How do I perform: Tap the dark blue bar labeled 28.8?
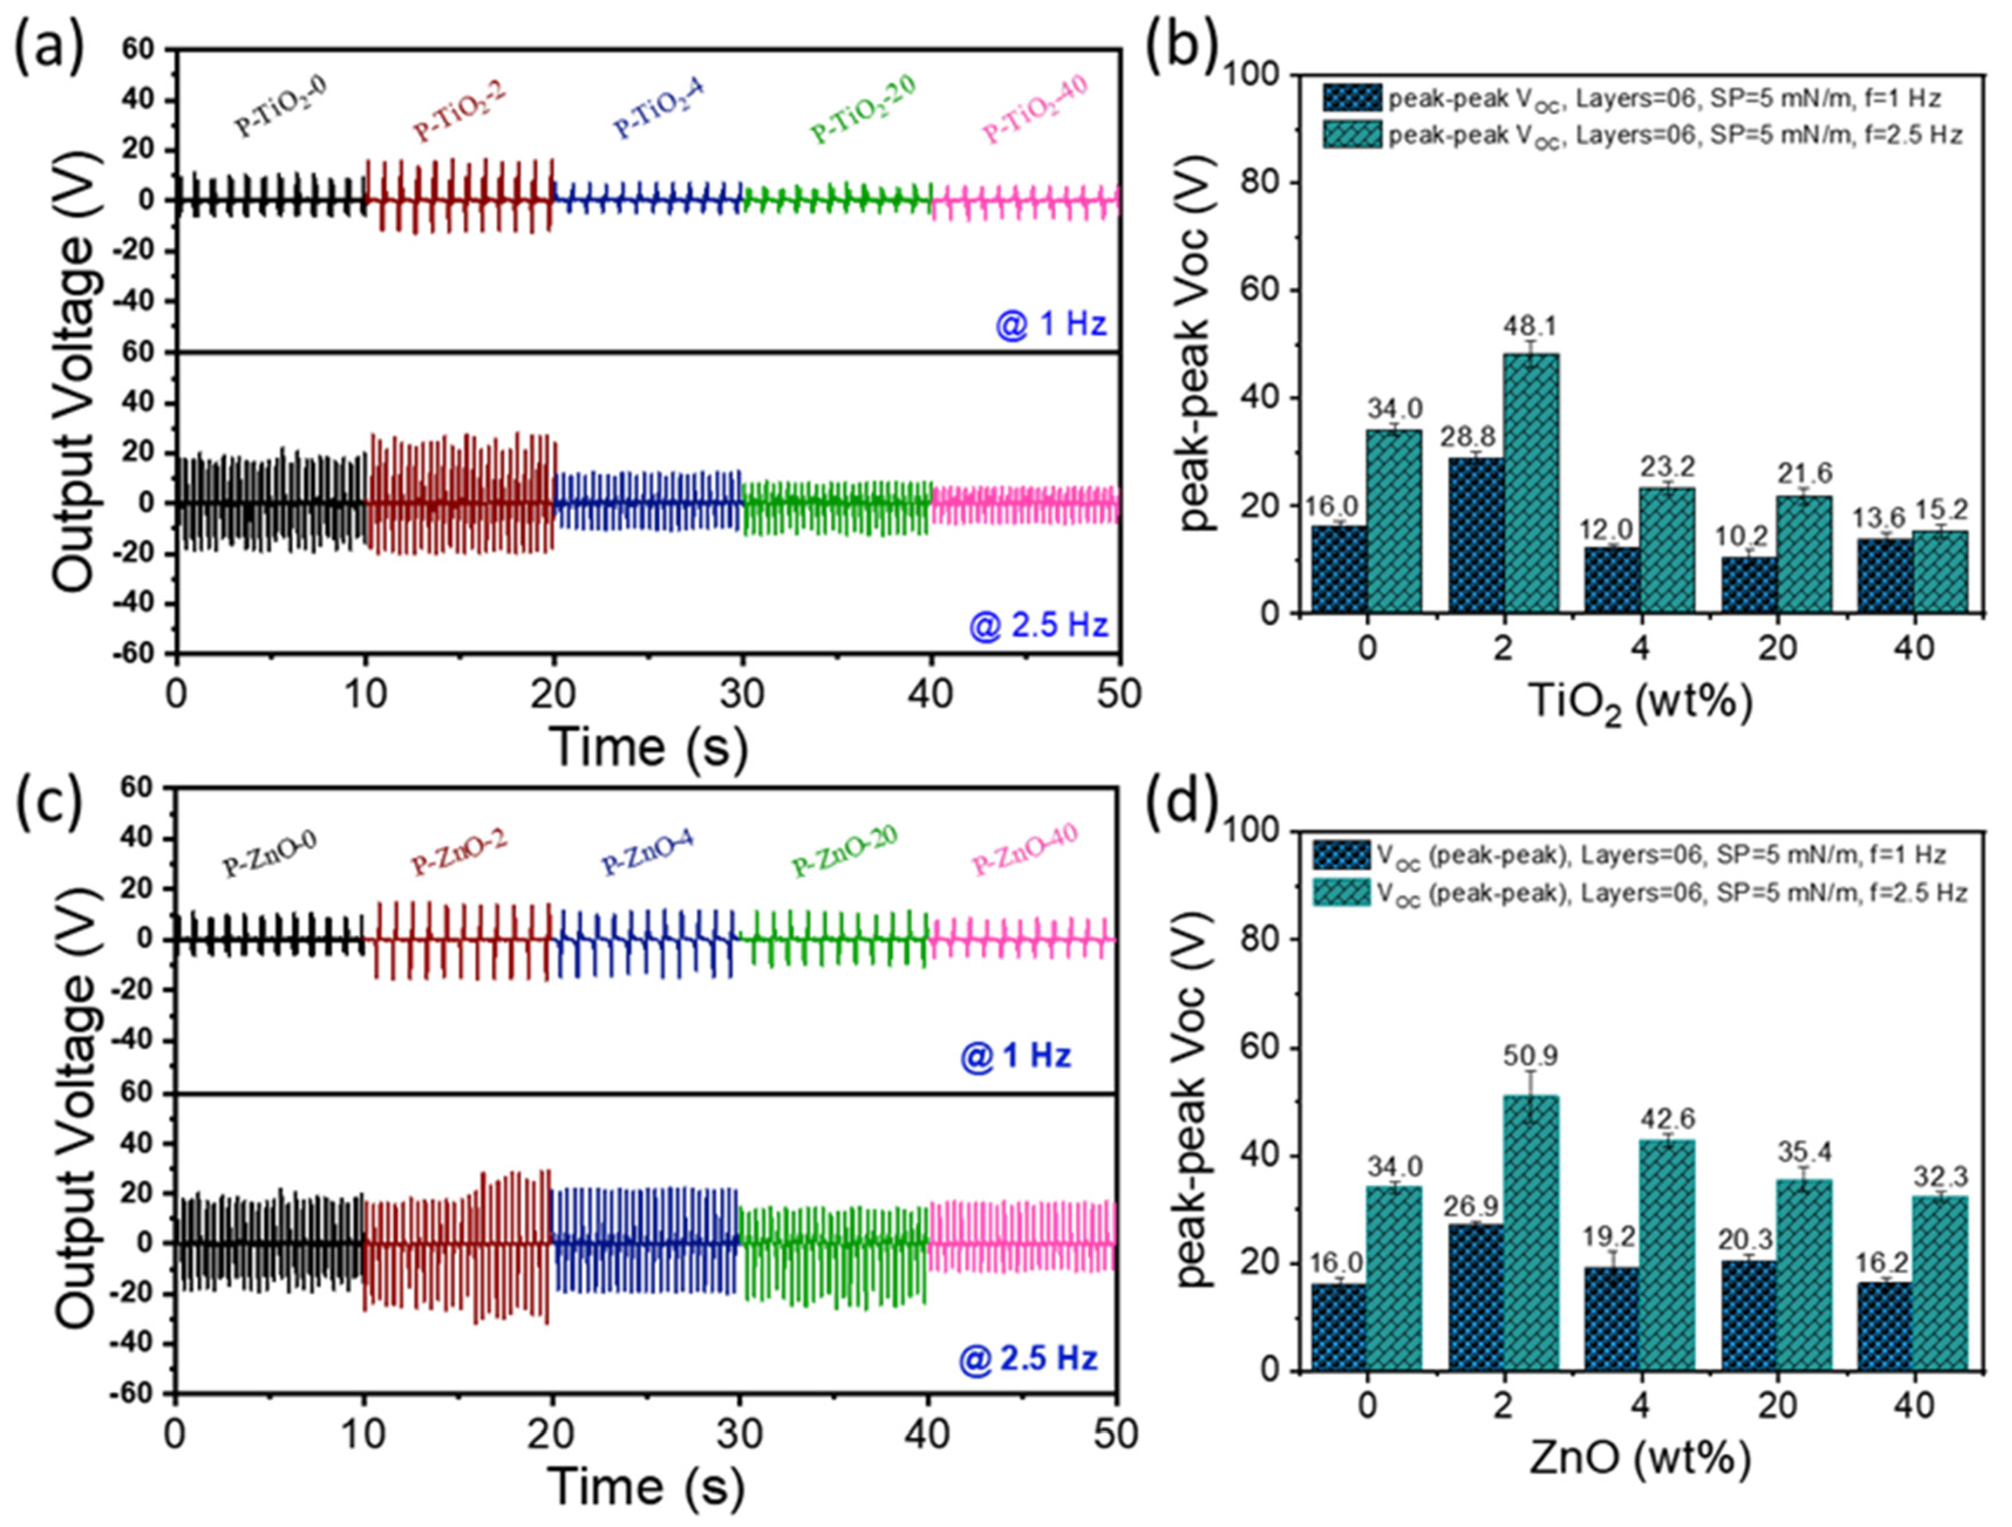pos(1476,535)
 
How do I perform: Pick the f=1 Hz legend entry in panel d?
pos(1628,854)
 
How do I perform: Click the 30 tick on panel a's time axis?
pos(743,693)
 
